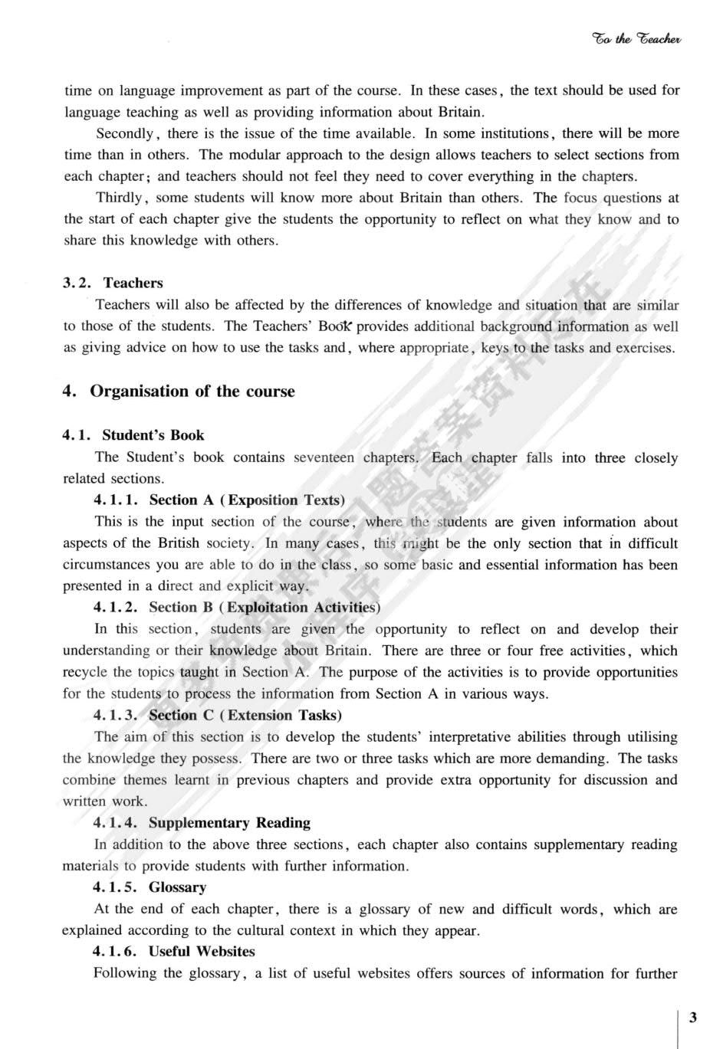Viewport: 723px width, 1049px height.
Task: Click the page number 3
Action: [x=693, y=1017]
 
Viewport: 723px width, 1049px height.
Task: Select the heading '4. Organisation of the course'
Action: [x=179, y=392]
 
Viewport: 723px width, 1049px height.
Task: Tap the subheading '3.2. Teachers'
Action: [x=113, y=283]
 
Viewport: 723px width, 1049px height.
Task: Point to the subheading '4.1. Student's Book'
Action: [x=133, y=435]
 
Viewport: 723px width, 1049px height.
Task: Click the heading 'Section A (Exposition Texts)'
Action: [x=247, y=500]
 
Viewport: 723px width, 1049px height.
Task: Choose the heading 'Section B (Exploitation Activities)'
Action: [x=265, y=608]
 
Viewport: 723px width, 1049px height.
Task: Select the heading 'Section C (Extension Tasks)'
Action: [x=245, y=716]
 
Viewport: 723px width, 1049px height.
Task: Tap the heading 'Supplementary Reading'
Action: [x=229, y=823]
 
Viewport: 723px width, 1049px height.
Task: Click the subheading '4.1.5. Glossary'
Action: [x=150, y=887]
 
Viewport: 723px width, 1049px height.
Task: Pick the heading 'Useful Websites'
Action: [x=202, y=952]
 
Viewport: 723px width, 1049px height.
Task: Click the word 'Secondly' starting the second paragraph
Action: [x=125, y=133]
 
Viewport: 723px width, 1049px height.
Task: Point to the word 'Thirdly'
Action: [x=120, y=198]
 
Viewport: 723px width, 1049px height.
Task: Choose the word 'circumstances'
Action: [x=108, y=565]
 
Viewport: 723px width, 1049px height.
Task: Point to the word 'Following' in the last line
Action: [x=124, y=974]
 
